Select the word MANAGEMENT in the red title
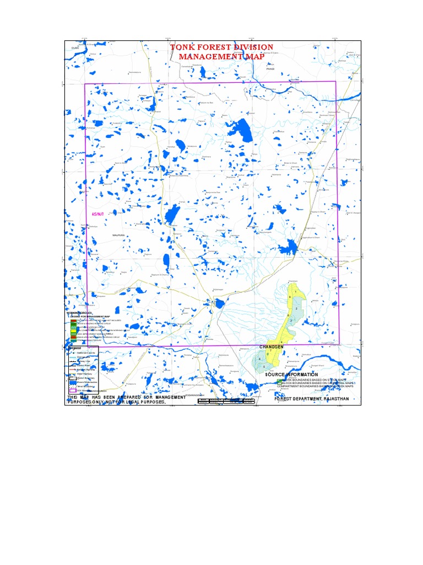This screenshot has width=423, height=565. tap(203, 57)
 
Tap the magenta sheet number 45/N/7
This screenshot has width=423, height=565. tap(97, 213)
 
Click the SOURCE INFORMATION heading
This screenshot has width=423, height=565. tap(291, 375)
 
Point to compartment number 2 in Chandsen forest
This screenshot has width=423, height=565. tap(297, 308)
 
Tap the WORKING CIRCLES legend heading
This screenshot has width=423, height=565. tap(79, 313)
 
